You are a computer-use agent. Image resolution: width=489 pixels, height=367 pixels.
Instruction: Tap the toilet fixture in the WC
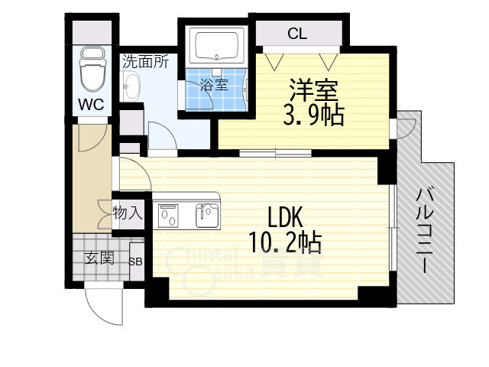[92, 68]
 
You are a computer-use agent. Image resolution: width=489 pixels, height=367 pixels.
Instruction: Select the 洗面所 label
[145, 62]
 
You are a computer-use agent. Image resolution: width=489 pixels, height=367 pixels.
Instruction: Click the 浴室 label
[213, 84]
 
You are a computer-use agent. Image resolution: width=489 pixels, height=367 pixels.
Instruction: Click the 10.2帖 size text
[284, 242]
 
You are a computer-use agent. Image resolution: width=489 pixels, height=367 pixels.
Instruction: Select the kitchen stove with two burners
[170, 216]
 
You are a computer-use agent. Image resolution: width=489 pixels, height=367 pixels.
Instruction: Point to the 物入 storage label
[128, 212]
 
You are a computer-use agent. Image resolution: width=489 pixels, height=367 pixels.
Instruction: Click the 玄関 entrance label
[99, 258]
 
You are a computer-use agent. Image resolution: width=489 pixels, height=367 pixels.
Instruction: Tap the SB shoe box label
[136, 261]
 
